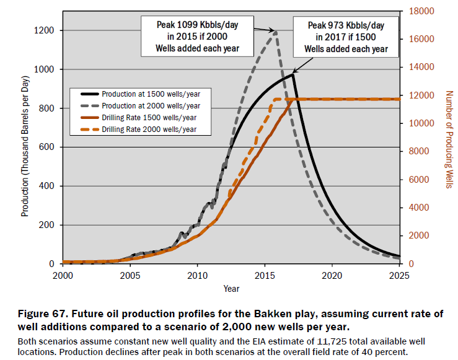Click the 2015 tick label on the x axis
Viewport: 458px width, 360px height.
click(265, 275)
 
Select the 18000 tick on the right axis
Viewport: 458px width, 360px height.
click(421, 11)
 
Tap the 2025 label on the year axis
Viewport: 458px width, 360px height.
click(400, 275)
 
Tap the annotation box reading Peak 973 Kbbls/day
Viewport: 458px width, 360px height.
click(346, 37)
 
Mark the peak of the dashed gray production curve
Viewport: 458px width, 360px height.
click(275, 31)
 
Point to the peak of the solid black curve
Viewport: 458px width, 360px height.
click(292, 74)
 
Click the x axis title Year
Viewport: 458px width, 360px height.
click(231, 289)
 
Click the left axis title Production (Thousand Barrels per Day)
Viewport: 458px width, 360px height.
click(25, 138)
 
